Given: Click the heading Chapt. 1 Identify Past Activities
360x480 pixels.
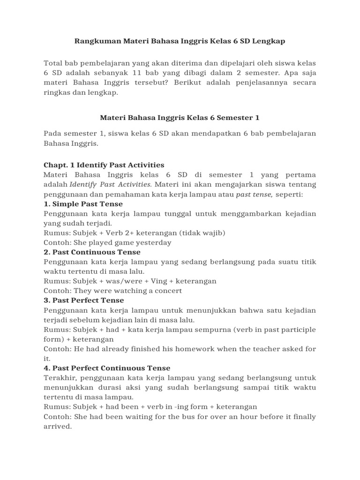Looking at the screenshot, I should tap(104, 165).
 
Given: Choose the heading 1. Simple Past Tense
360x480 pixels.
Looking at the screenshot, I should tap(83, 204).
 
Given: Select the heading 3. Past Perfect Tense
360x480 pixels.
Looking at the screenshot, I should tap(83, 300).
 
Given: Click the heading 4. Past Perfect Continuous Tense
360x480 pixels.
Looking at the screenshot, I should tap(107, 368).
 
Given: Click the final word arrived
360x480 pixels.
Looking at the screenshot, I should tap(57, 427).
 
